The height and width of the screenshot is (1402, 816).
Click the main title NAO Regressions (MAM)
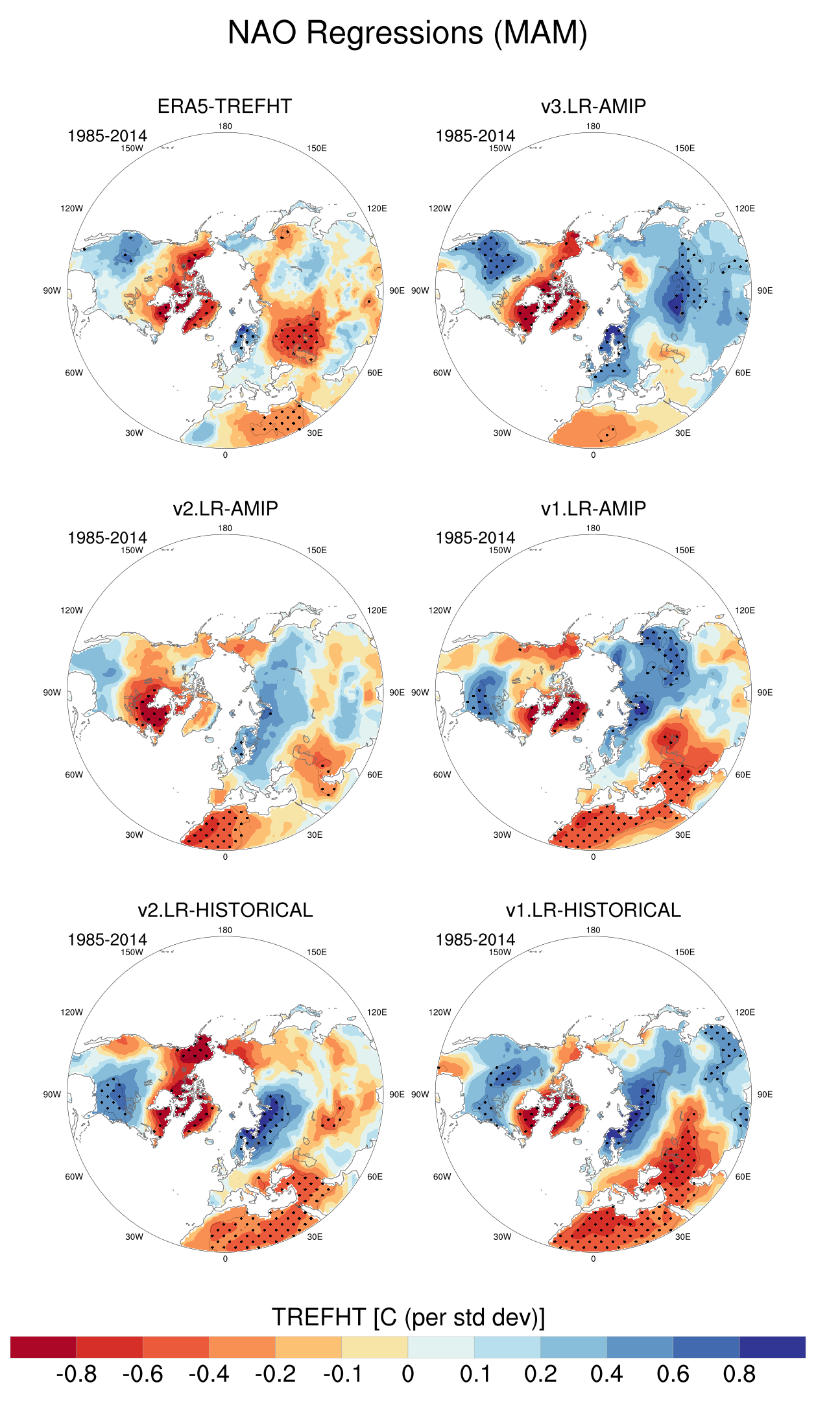[407, 33]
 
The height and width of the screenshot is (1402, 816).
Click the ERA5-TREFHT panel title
[224, 106]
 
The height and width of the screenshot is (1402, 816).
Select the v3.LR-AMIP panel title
[593, 106]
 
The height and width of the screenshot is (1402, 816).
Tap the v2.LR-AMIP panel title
[225, 508]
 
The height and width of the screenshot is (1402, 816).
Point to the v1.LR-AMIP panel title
[593, 508]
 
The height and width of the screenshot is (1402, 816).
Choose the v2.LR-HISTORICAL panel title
[225, 910]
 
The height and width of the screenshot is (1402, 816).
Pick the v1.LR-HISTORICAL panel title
[593, 910]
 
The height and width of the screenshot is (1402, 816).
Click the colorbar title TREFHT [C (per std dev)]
[408, 1317]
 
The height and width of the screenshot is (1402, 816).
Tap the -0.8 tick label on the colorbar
[77, 1373]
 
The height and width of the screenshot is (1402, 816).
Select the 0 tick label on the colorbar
[408, 1373]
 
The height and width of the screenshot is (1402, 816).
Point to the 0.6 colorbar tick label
[673, 1373]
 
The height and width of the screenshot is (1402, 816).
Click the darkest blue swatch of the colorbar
[772, 1347]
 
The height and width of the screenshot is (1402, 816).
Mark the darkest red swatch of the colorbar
[43, 1347]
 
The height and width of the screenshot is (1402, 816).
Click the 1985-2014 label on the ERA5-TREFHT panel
[107, 136]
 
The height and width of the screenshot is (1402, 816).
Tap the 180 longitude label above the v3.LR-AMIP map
[593, 126]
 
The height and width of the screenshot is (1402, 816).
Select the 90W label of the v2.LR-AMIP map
[52, 693]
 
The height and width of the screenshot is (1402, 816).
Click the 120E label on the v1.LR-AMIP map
[745, 610]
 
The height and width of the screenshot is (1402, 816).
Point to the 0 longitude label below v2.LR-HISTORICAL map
[225, 1259]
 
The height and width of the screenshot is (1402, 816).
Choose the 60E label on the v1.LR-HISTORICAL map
[743, 1176]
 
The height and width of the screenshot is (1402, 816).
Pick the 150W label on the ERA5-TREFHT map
[132, 149]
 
